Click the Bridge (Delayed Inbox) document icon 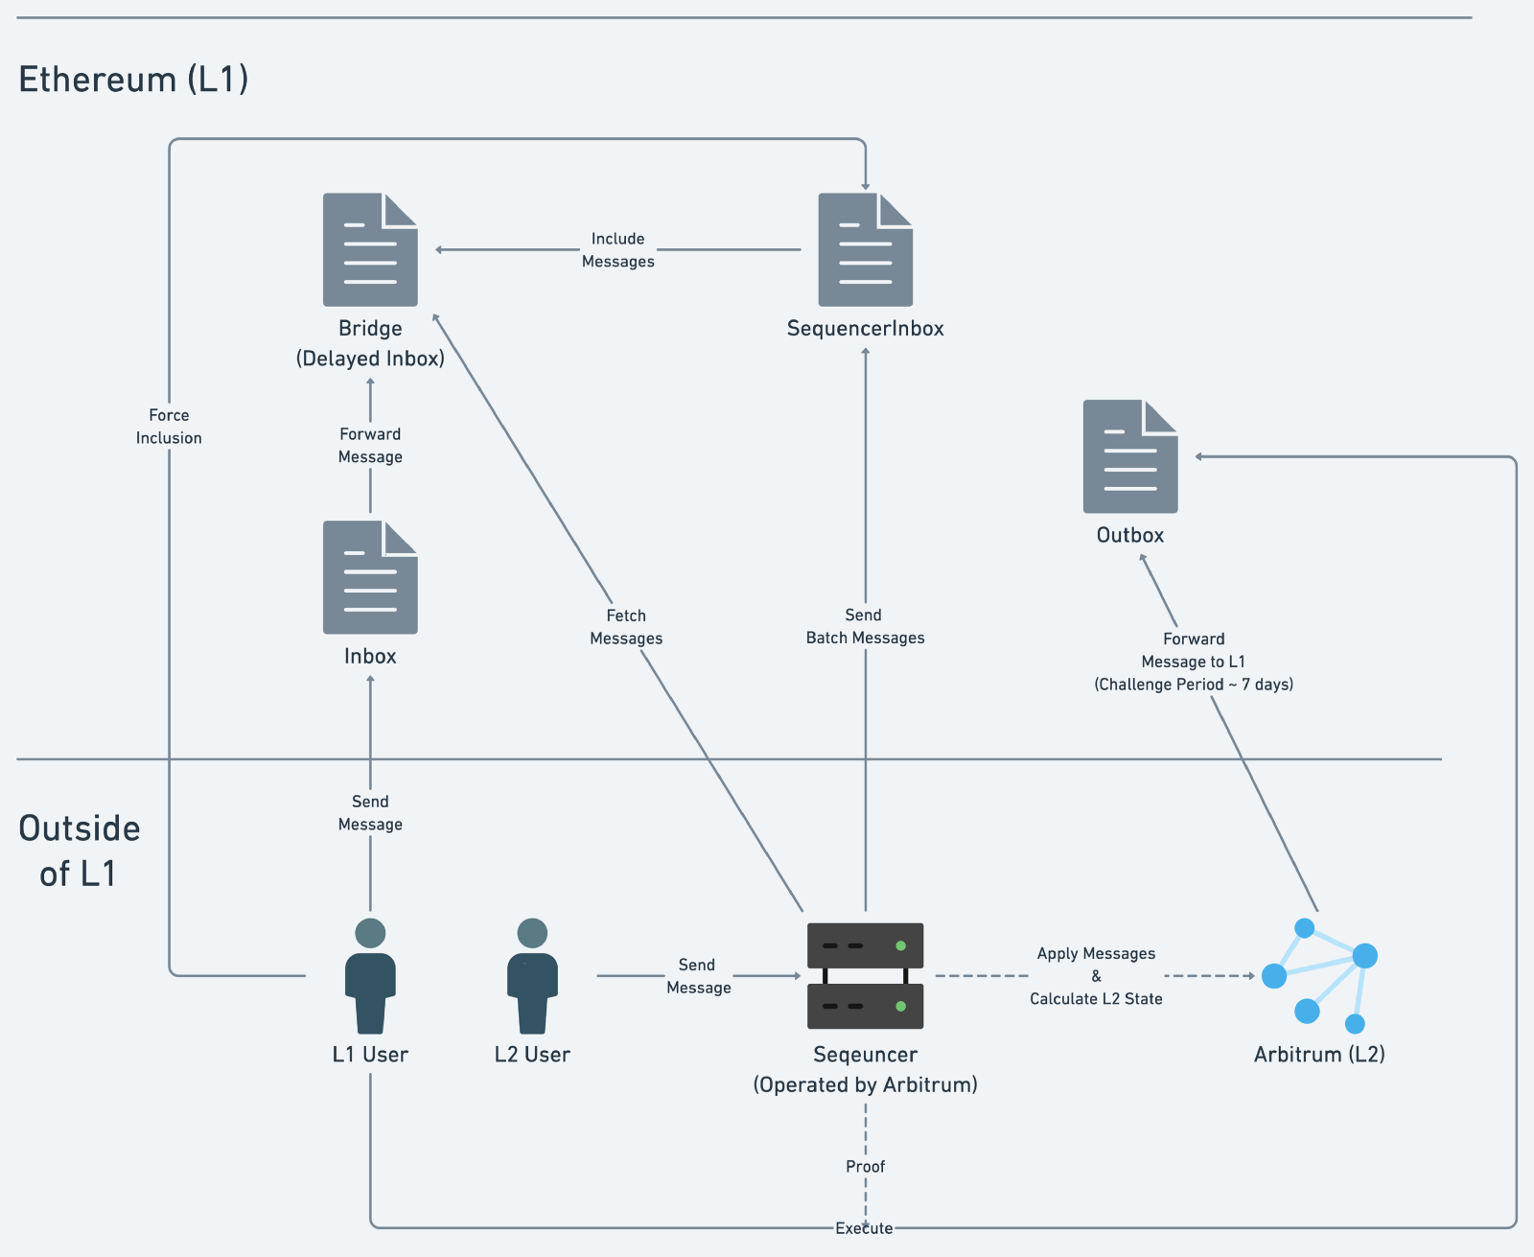(x=370, y=250)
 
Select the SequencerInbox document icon (x=865, y=250)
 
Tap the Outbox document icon (x=1130, y=456)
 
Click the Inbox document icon (x=370, y=577)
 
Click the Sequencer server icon (x=865, y=975)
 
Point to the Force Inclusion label (x=169, y=427)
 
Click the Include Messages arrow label (x=618, y=250)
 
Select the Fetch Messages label (x=626, y=627)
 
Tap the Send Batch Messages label (x=865, y=626)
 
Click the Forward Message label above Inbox (x=370, y=446)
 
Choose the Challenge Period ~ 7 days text (x=1194, y=685)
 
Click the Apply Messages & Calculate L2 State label (x=1096, y=976)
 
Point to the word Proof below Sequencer (x=865, y=1167)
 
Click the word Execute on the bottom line (x=864, y=1228)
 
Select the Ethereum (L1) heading (x=133, y=79)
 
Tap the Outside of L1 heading (x=79, y=850)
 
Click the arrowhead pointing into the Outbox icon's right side (x=1199, y=456)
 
